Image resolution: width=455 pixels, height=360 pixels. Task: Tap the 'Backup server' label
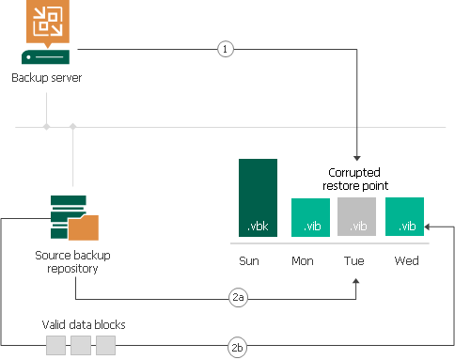(46, 76)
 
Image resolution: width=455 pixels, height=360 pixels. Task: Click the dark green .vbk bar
(258, 196)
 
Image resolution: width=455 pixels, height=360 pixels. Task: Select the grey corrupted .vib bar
(357, 216)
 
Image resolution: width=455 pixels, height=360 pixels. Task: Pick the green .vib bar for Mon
(309, 216)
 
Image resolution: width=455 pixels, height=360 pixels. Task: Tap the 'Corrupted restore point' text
(358, 180)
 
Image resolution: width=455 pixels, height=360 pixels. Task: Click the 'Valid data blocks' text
(84, 324)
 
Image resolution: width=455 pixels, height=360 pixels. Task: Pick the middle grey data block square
(81, 346)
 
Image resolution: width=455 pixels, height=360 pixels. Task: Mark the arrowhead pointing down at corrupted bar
(357, 158)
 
